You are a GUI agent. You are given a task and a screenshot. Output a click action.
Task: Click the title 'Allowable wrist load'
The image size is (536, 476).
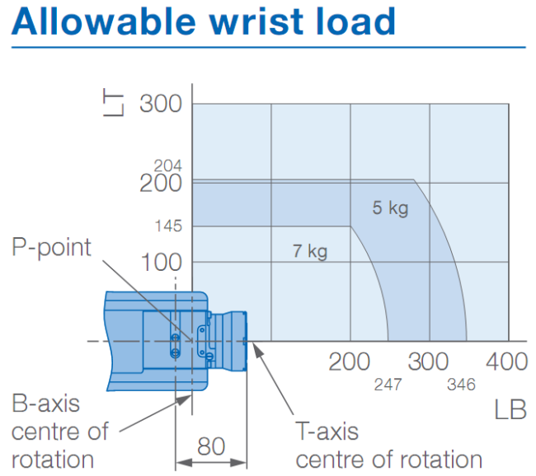coord(204,23)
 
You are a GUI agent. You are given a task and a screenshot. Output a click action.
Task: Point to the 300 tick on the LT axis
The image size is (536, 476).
coord(160,104)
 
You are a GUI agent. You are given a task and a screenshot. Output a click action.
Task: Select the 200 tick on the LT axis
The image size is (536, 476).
coord(160,183)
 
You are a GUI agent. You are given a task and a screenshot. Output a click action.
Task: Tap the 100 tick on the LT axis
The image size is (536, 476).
coord(160,263)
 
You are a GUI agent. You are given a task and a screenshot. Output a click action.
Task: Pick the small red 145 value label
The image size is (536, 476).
coord(167,226)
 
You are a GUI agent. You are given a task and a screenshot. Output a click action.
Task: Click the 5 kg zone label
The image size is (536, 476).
coord(390,208)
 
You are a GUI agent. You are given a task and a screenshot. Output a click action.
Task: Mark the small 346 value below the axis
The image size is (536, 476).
coord(462,384)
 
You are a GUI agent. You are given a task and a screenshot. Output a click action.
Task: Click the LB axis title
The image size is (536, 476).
coord(510,409)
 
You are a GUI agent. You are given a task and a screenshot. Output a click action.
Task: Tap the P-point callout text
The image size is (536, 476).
coord(52,247)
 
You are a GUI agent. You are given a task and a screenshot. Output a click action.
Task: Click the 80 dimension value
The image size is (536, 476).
coord(212,446)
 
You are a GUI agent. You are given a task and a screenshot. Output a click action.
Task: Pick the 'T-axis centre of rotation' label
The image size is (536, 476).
coord(388,445)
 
